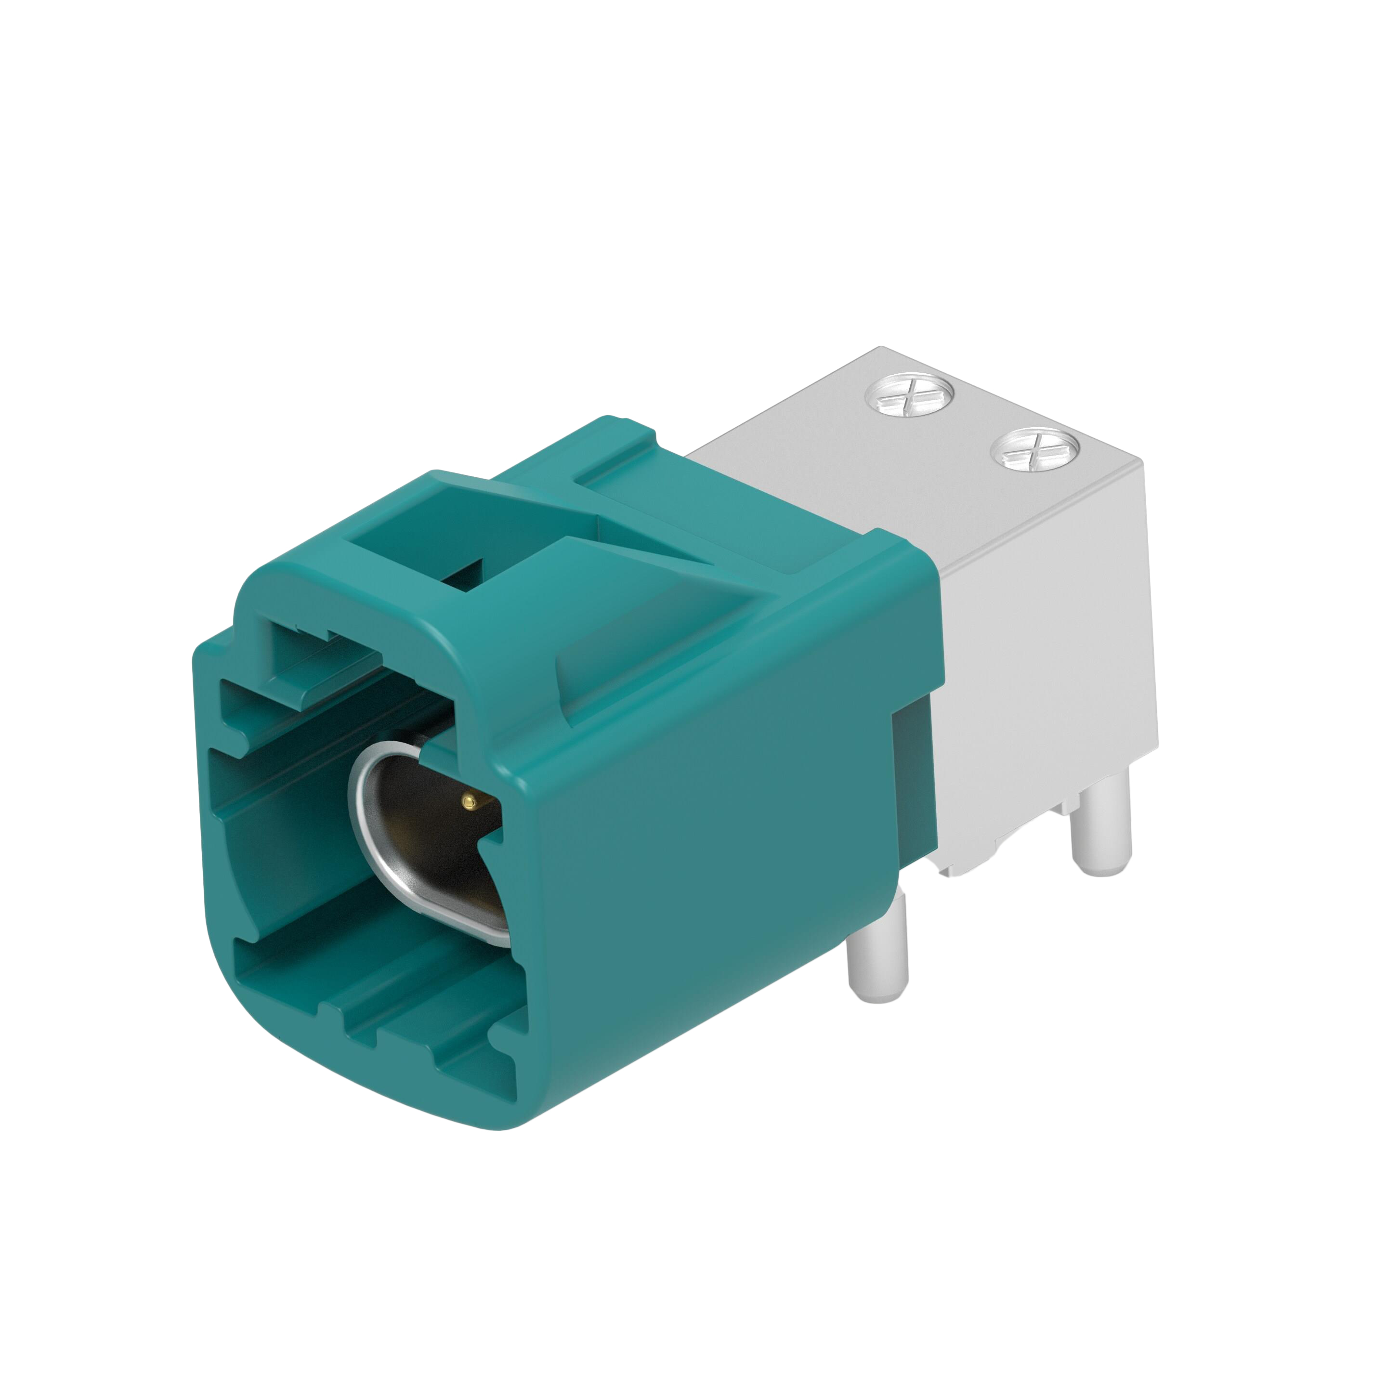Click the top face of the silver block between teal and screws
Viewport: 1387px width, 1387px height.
click(x=825, y=459)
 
